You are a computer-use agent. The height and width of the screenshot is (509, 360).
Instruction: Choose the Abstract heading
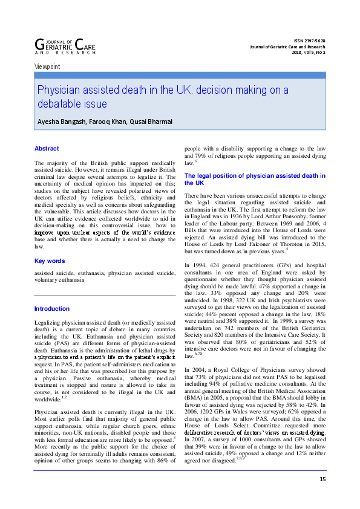tap(47, 148)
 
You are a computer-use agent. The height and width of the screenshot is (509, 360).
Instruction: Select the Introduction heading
tap(52, 309)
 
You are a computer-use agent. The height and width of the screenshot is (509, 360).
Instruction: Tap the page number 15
tap(322, 496)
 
